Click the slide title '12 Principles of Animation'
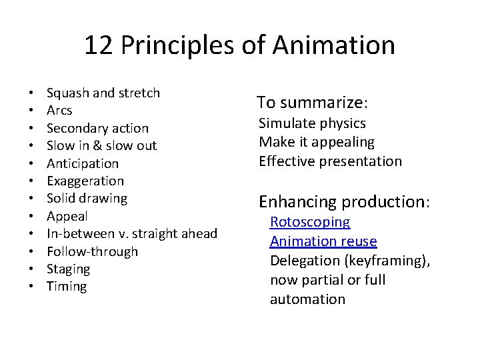[x=239, y=46]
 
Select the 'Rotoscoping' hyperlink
[x=309, y=223]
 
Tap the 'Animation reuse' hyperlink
[x=323, y=241]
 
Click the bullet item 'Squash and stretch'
[x=103, y=93]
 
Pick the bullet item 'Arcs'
[x=59, y=110]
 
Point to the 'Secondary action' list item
[x=97, y=128]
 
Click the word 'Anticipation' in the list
[x=83, y=163]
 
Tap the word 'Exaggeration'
[x=85, y=181]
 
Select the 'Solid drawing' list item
[x=87, y=198]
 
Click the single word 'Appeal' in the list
[x=67, y=216]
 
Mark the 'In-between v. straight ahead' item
[x=132, y=233]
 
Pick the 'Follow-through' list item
[x=92, y=251]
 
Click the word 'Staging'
[x=68, y=269]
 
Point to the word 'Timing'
[x=67, y=286]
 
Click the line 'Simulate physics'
[x=312, y=123]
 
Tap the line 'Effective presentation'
[x=330, y=161]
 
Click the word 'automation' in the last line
[x=307, y=299]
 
